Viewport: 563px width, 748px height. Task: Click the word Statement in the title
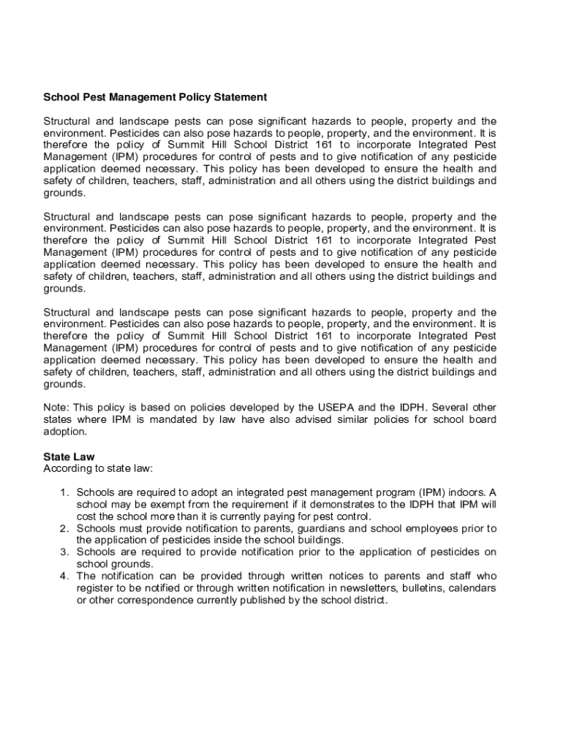242,96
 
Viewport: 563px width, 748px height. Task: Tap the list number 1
64,492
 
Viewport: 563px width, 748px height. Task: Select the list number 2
64,528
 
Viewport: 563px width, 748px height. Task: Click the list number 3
64,552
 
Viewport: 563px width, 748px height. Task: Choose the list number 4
64,576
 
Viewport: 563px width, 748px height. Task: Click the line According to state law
98,468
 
